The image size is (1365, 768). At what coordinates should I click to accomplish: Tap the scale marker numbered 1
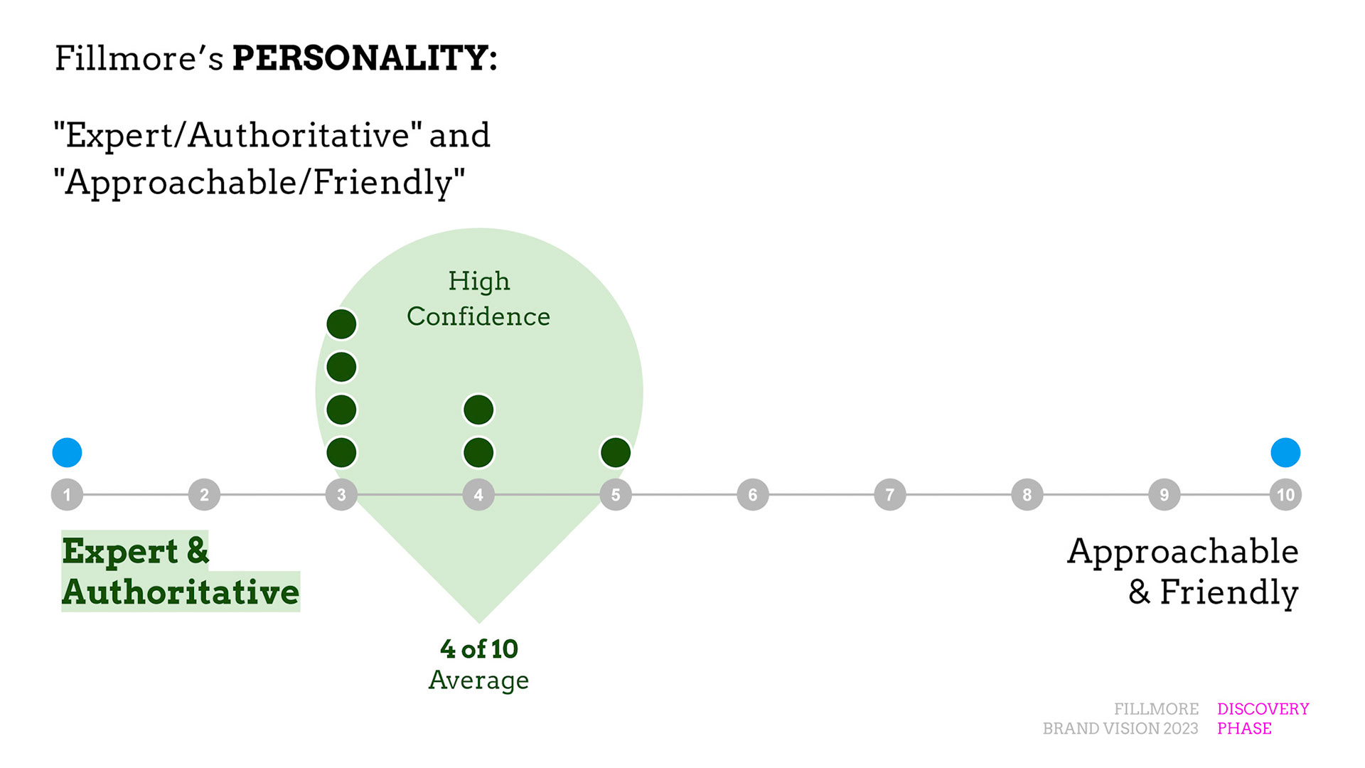[67, 495]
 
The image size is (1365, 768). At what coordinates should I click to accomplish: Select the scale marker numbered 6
[752, 495]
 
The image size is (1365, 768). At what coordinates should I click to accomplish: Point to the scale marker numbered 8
[1027, 495]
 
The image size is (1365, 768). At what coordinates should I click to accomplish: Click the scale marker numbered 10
[1285, 495]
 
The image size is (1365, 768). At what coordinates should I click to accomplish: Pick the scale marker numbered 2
[204, 495]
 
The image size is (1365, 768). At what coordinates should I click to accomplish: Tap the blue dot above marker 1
[67, 452]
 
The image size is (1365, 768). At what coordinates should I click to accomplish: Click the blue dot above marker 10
[1285, 452]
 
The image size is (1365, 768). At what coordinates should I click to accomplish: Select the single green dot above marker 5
[616, 452]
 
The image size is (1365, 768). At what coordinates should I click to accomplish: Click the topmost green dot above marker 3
[341, 324]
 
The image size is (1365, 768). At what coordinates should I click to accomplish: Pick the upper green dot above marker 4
[478, 410]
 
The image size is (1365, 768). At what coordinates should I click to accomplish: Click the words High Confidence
[478, 299]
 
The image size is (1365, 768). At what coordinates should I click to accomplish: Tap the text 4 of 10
[478, 649]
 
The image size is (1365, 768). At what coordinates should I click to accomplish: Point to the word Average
[478, 681]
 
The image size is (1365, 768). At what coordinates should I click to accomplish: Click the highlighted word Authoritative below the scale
[181, 592]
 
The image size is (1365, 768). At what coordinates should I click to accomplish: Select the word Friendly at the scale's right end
[1228, 592]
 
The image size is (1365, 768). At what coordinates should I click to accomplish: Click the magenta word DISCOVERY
[1263, 709]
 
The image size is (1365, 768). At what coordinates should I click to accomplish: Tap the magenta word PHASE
[1244, 729]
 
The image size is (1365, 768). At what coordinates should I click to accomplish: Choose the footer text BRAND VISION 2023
[1120, 729]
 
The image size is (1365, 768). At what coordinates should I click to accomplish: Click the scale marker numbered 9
[1164, 495]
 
